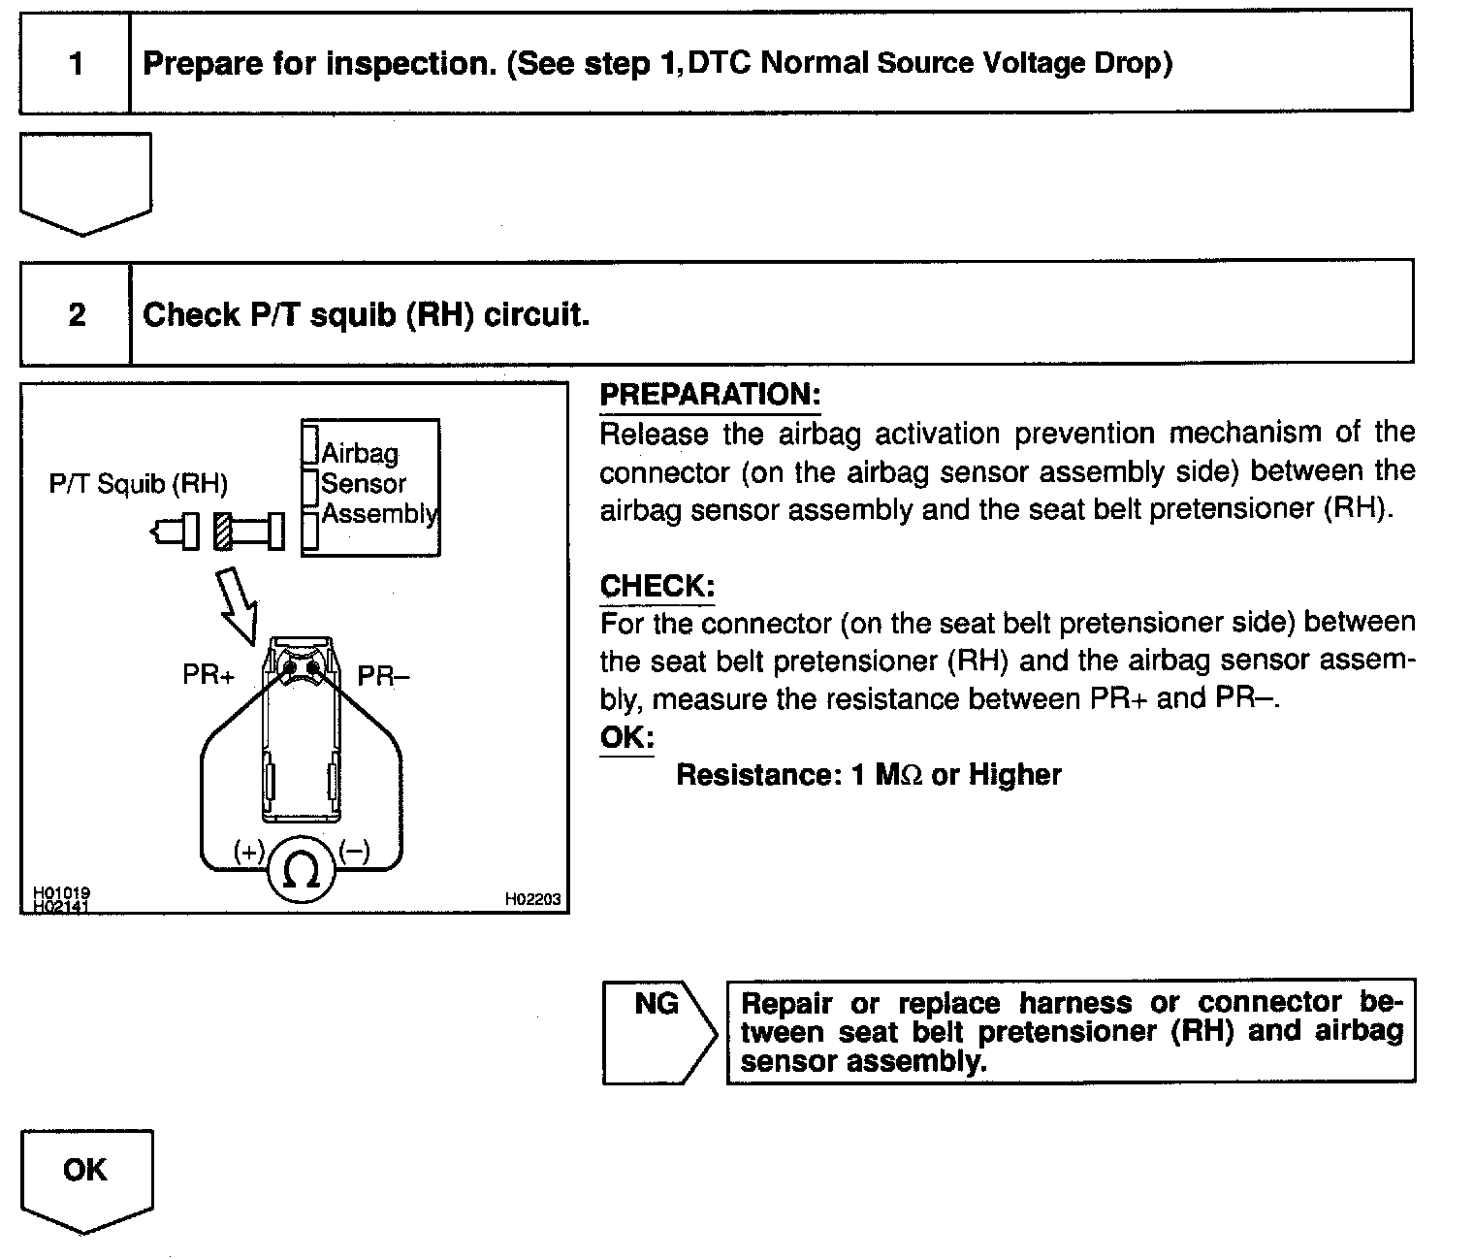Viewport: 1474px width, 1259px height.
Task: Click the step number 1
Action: pos(77,63)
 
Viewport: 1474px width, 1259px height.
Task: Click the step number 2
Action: pos(77,314)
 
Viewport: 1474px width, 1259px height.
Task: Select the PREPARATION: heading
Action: pos(710,395)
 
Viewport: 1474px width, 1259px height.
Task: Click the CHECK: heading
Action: pos(657,586)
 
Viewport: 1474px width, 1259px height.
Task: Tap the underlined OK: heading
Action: pos(626,737)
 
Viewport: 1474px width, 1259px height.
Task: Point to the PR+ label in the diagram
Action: pos(208,674)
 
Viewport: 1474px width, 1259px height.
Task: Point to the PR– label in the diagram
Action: pos(383,675)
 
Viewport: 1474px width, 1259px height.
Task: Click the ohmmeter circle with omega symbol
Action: pos(301,869)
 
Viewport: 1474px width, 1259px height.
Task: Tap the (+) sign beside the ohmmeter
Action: pos(249,851)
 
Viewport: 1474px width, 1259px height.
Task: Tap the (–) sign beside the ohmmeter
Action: pos(354,851)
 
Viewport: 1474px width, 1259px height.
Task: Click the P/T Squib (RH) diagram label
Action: pos(139,484)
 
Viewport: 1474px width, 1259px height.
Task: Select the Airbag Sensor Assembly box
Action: pos(370,488)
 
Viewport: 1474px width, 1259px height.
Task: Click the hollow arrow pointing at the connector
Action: pos(239,605)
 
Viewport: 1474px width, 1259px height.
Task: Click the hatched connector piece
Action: pos(223,532)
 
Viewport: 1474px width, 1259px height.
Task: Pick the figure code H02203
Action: pos(532,899)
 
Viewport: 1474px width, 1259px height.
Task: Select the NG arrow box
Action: pos(658,1032)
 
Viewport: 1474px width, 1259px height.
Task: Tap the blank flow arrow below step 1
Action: pos(85,184)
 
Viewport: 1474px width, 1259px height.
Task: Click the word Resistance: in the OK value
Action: pos(758,775)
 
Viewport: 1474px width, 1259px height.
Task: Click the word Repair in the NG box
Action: pos(786,1004)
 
